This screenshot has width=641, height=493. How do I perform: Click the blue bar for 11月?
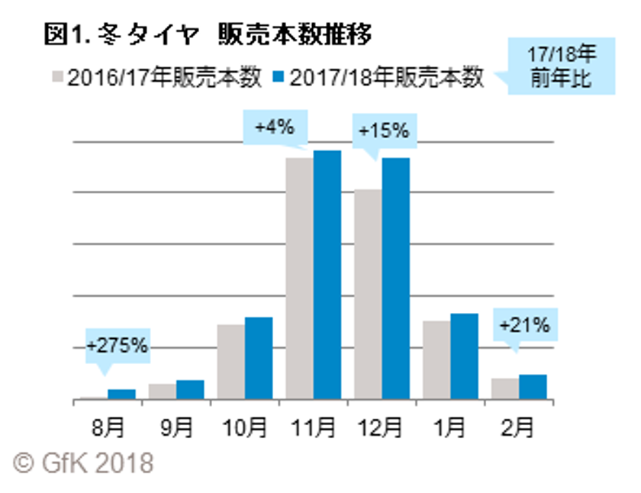tap(327, 275)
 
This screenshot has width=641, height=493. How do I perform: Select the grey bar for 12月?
tap(367, 294)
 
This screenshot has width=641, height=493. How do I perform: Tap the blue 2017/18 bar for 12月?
tap(395, 279)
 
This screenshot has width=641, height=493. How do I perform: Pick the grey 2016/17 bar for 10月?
tap(230, 362)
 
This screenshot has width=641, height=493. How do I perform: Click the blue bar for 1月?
tap(464, 356)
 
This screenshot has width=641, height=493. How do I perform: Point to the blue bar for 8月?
tap(121, 394)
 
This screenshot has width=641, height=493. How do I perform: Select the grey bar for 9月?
tap(162, 391)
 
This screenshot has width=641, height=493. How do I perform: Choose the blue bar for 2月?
tap(533, 387)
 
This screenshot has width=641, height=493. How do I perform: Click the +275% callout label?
tap(116, 346)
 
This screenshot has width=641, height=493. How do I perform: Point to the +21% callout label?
tap(523, 325)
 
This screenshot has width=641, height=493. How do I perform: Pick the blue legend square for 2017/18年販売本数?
tap(280, 79)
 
